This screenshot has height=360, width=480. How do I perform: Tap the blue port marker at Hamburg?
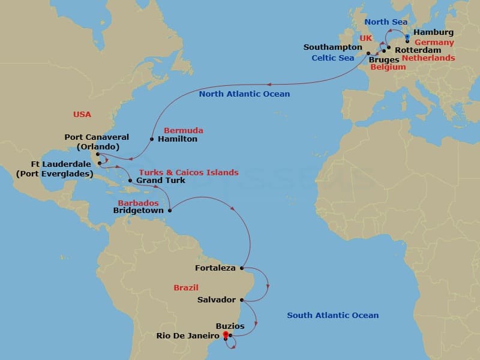coord(407,37)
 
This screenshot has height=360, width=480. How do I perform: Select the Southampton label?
coord(332,47)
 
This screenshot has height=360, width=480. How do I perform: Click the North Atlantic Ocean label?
coord(244,94)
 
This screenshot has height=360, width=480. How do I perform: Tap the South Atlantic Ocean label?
coord(332,315)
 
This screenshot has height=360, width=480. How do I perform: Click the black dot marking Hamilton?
coord(151,139)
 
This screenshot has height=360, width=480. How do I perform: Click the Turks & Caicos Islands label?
coord(188,172)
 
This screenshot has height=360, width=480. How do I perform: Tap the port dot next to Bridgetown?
coord(170,210)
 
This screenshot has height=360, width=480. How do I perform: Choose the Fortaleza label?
coord(215,268)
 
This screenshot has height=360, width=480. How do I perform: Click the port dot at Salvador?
coord(241,300)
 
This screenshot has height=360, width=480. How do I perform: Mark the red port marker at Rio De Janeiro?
coord(225,335)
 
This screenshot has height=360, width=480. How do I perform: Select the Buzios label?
coord(230,326)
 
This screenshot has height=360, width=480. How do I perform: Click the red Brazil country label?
coord(186,287)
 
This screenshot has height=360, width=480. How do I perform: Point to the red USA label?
coord(82,114)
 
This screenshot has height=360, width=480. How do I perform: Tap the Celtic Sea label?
coord(332,58)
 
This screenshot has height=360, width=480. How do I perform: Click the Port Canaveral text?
coord(97,137)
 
